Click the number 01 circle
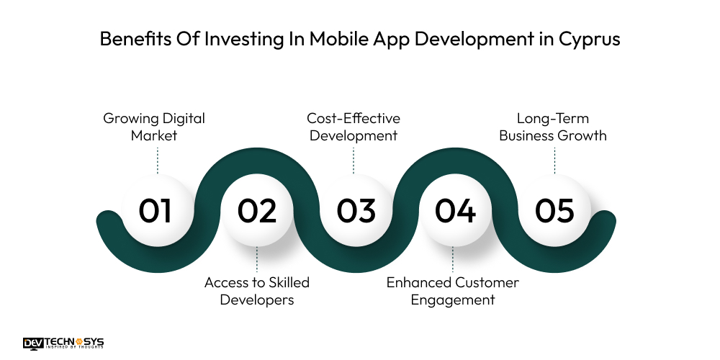(x=156, y=211)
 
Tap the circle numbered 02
(x=257, y=211)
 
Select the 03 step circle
(x=356, y=211)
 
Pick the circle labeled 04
(x=455, y=211)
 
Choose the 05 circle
(x=554, y=211)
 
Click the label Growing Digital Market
(x=154, y=126)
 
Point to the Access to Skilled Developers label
(x=257, y=291)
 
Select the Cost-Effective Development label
(x=354, y=126)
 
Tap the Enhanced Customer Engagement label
(x=453, y=291)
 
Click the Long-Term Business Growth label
(x=554, y=126)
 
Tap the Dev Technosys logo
(x=63, y=343)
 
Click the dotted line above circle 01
(x=156, y=161)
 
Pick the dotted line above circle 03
(x=354, y=161)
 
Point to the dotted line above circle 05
(x=554, y=161)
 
